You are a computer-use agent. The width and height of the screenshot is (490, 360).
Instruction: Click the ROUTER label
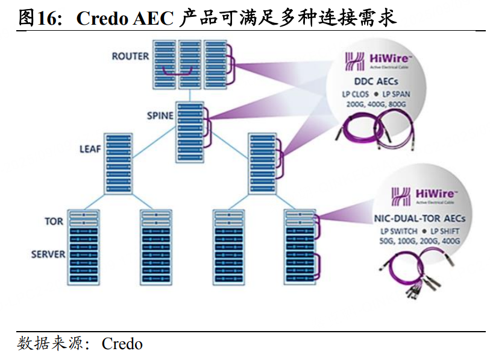130,56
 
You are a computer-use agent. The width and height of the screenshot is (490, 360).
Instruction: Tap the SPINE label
160,115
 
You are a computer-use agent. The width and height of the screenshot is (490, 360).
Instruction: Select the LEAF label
90,148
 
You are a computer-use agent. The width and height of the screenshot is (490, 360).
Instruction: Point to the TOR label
54,221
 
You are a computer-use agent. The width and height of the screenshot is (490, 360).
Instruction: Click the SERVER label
48,254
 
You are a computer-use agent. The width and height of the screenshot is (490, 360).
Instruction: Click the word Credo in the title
99,19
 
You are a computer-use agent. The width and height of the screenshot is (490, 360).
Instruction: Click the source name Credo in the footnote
122,344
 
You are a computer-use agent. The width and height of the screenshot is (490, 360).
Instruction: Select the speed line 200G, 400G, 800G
376,104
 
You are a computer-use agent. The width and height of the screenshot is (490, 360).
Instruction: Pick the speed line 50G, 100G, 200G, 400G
419,241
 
